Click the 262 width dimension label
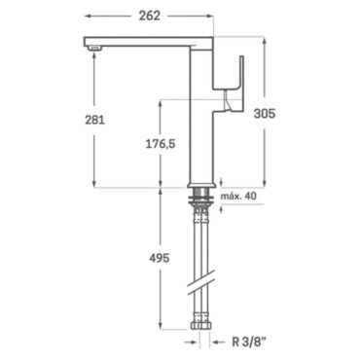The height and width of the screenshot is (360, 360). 150,16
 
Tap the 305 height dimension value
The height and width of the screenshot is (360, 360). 265,114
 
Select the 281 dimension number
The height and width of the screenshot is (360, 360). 94,120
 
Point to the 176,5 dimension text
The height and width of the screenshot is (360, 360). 161,144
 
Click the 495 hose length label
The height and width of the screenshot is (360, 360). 160,258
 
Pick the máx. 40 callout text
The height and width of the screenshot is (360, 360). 238,197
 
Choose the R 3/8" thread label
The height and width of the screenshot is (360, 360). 249,342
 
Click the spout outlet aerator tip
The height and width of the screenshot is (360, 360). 95,49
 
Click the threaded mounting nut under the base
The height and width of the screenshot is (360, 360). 201,197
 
